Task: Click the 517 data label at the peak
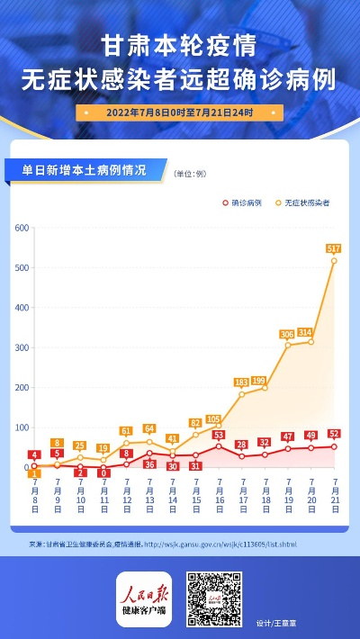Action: [333, 247]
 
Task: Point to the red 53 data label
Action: [219, 435]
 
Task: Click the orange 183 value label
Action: [241, 382]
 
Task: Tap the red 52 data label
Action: [334, 434]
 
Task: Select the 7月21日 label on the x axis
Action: [335, 496]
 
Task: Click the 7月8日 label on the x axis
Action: [33, 496]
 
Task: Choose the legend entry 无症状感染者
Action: [302, 203]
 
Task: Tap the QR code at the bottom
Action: [212, 598]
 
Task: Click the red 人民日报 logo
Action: [143, 598]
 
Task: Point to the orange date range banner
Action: [179, 113]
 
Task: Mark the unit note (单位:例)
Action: [190, 172]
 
